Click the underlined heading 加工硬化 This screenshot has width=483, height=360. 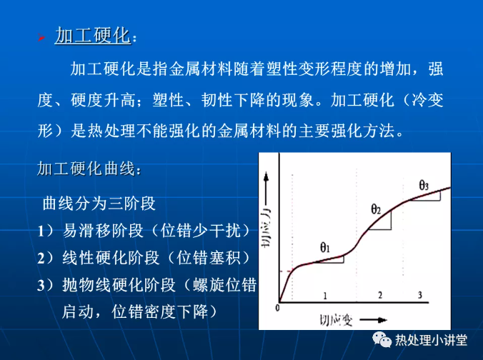(93, 36)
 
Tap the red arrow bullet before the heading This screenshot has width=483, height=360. (41, 38)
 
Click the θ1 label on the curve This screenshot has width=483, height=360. (325, 247)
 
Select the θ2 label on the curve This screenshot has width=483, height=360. (376, 209)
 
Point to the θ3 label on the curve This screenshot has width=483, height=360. (424, 185)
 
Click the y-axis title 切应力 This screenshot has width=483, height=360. (266, 227)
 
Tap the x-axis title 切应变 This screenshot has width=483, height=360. (336, 321)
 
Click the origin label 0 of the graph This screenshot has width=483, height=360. (277, 308)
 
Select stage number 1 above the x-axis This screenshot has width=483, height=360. (325, 296)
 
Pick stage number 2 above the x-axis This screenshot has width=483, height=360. (380, 295)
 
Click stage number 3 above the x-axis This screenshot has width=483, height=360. (420, 295)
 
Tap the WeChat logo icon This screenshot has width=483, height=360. (382, 339)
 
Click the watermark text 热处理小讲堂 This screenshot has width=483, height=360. (432, 340)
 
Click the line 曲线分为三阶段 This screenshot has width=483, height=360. (99, 204)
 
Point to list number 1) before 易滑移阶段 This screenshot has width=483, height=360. (45, 230)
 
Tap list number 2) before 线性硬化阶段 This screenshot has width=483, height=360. (45, 258)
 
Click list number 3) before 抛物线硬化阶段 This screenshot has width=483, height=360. (45, 285)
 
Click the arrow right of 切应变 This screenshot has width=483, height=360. (374, 320)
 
